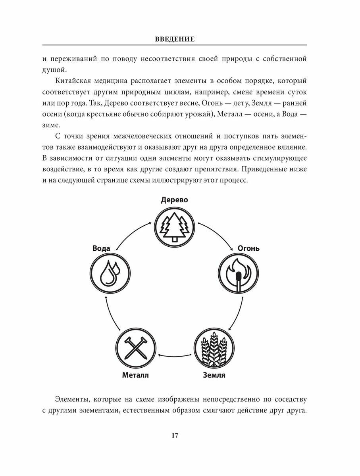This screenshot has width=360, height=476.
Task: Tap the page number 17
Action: pos(175,436)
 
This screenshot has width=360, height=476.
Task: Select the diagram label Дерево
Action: pos(174,200)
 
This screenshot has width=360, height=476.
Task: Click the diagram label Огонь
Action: pos(248,248)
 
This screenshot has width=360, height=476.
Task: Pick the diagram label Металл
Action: pos(135,375)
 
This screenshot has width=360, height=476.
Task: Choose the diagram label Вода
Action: pos(101,248)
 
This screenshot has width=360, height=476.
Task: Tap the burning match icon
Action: pos(238,274)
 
